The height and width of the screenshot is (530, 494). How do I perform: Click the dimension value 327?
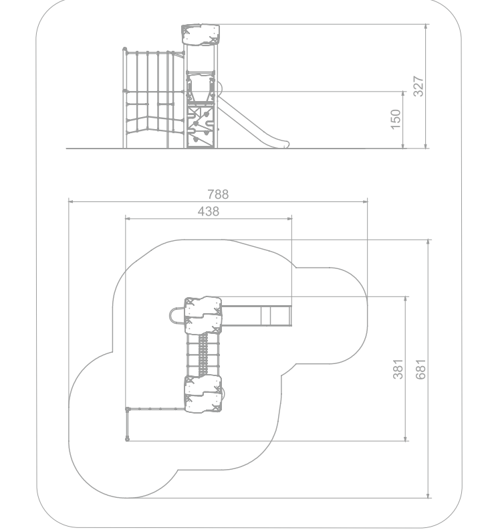pos(418,86)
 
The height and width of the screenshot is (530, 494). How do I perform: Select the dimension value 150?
pos(396,119)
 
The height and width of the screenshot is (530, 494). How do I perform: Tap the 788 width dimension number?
pos(218,194)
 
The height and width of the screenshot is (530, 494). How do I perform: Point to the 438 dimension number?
pos(209,211)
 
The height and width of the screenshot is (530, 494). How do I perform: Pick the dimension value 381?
pos(398,369)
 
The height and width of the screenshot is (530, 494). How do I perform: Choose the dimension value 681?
pos(420,369)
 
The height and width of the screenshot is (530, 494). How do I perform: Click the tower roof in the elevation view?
pos(201,35)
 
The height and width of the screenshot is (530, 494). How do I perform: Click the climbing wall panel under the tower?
pos(201,126)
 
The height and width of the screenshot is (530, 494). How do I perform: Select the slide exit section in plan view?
pos(276,316)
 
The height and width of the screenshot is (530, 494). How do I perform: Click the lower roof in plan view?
pos(203,393)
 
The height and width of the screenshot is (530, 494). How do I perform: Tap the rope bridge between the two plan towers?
pos(203,355)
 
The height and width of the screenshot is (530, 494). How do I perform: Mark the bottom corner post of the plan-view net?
pos(127,439)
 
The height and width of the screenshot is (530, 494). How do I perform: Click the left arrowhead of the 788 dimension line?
pos(71,201)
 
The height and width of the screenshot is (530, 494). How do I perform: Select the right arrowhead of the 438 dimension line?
pos(289,218)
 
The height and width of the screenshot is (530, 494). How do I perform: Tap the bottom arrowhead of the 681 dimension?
pos(428,495)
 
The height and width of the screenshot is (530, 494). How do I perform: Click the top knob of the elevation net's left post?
pos(124,50)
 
